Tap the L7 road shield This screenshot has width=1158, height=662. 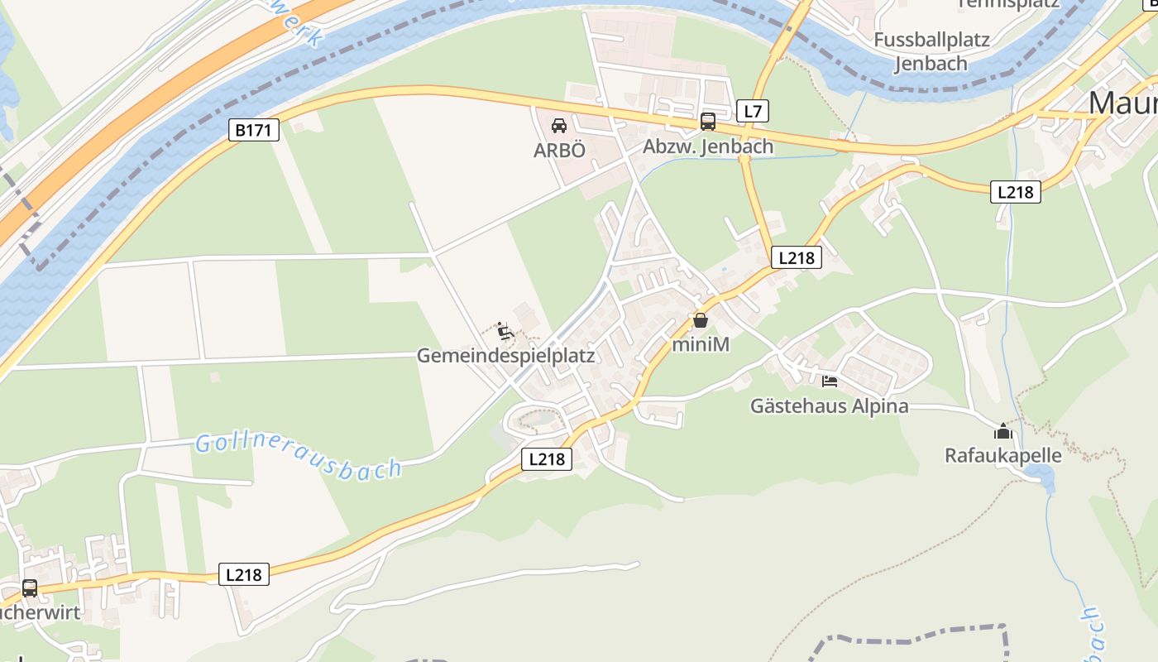753,111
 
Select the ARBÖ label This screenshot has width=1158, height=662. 559,150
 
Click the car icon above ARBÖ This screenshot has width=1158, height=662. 559,126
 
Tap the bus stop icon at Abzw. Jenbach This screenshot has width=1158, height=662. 708,122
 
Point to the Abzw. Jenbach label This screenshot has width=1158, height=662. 708,147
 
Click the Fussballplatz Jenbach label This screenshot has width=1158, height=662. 931,51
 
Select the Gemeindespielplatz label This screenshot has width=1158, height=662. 505,356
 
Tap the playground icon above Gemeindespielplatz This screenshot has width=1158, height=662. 505,331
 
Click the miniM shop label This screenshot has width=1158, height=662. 701,344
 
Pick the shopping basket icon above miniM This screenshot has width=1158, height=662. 701,320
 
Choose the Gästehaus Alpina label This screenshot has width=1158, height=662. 829,406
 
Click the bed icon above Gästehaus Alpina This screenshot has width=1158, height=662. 830,381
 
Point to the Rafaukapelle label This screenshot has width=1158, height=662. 1003,456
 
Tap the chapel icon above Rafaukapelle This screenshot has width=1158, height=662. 1003,431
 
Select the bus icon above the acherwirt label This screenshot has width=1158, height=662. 30,588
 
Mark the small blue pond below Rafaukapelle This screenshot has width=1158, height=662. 1041,475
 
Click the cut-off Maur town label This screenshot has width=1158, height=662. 1122,103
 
